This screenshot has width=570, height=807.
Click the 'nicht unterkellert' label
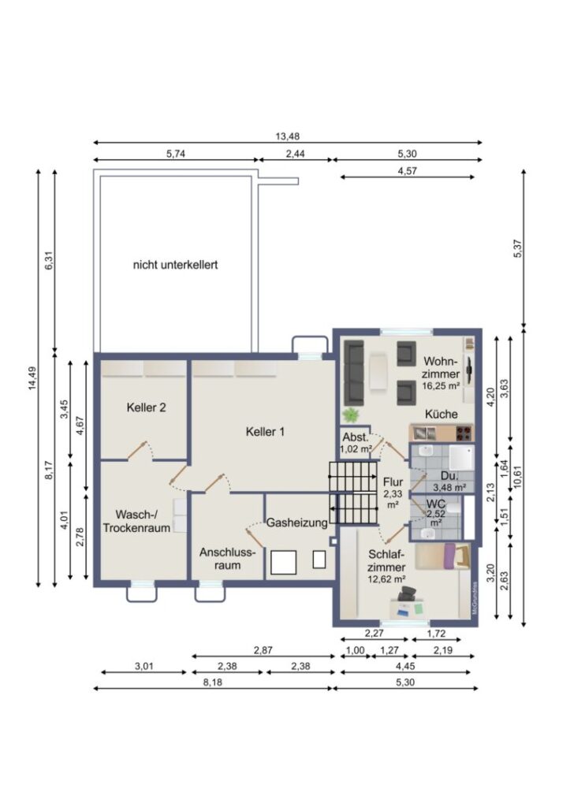[x=175, y=265]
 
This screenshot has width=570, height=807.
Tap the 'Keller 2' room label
[x=146, y=407]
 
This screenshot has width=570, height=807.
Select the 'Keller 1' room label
[x=265, y=432]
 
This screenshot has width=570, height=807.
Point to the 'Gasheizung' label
[x=296, y=523]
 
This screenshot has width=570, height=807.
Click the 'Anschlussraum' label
[x=227, y=559]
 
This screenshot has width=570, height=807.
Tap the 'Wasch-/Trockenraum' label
[x=136, y=521]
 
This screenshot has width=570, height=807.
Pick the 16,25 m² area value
[x=441, y=385]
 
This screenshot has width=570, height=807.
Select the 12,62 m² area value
[x=386, y=579]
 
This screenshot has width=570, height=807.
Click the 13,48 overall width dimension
[x=287, y=136]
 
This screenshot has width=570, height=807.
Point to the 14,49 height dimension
[x=32, y=377]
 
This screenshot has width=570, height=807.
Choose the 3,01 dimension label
[x=144, y=666]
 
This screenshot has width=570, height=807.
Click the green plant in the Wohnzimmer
[x=351, y=414]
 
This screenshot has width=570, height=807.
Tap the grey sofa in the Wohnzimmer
[x=354, y=373]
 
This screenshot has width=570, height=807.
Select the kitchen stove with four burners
[x=464, y=433]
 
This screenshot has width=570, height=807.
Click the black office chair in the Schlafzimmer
[x=406, y=593]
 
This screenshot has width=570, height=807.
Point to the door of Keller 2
[x=137, y=450]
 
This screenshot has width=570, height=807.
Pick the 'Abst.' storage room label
[x=356, y=437]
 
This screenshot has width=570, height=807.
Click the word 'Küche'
[x=441, y=414]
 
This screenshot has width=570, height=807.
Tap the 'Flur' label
[x=393, y=482]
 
